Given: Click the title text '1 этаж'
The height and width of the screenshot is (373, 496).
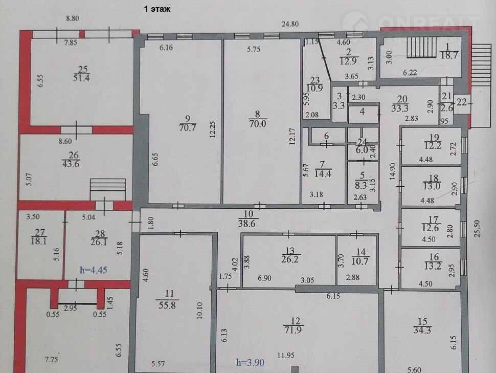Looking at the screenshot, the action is (157, 9).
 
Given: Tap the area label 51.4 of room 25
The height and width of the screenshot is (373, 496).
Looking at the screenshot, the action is (82, 78).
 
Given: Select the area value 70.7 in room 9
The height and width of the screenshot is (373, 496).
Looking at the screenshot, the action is (188, 127).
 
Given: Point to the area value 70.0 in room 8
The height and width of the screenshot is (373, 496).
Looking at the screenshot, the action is (258, 123).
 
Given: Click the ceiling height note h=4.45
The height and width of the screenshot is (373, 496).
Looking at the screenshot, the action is (93, 270).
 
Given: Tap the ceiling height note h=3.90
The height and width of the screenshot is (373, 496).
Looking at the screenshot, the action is (250, 362).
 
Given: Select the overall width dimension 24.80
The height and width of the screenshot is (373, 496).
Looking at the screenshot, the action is (290, 24).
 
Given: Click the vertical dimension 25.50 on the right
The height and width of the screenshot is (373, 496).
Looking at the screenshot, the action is (477, 228).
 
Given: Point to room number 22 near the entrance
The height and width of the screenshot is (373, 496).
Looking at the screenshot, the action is (462, 102).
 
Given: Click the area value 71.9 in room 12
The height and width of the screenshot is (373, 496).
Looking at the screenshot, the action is (292, 330).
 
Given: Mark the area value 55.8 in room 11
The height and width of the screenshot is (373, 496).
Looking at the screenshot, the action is (167, 305).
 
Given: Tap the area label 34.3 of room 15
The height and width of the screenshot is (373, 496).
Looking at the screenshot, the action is (422, 330).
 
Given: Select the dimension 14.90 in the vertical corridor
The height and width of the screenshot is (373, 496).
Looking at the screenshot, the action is (393, 171).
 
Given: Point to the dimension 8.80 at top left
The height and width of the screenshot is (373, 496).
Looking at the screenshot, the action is (73, 18).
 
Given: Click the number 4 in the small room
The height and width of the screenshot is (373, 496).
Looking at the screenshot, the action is (363, 111).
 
